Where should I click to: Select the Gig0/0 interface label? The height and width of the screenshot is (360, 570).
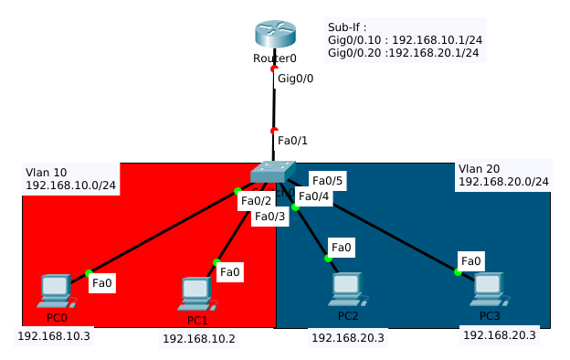(x=295, y=79)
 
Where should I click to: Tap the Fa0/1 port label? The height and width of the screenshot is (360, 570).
(x=293, y=140)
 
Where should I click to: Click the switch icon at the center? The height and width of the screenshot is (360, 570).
(x=273, y=174)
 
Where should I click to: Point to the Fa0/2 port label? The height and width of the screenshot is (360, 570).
(x=257, y=200)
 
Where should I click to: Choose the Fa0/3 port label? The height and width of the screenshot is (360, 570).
(x=270, y=216)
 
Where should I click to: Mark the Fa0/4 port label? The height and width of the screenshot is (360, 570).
(x=314, y=196)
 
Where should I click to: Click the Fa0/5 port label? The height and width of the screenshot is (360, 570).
(x=326, y=180)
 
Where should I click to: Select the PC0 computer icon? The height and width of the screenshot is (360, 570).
(x=56, y=291)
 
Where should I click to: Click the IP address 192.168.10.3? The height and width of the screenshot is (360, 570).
(x=54, y=335)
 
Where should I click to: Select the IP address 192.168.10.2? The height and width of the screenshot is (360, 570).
(x=198, y=338)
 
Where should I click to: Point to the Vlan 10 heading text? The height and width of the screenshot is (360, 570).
(x=47, y=172)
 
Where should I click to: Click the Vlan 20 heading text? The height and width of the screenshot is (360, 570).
(x=480, y=168)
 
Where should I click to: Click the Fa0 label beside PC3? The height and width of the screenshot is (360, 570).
(x=470, y=261)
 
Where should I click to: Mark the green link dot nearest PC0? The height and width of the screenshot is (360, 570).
(x=89, y=272)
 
